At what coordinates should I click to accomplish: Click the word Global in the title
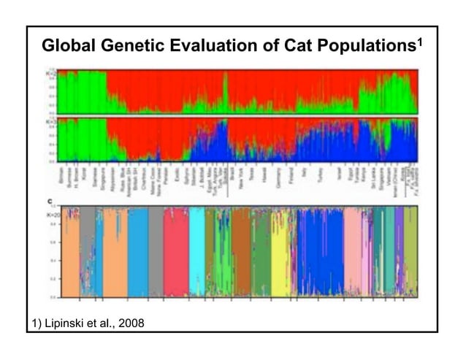pos(68,47)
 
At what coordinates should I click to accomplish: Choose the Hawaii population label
pos(264,177)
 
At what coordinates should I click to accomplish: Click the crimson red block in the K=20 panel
pos(175,252)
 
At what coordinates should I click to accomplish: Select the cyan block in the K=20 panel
pos(197,252)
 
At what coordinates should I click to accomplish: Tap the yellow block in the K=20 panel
pos(280,252)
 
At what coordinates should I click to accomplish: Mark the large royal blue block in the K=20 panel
pos(320,252)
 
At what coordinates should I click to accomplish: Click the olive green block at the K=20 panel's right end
pos(410,252)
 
